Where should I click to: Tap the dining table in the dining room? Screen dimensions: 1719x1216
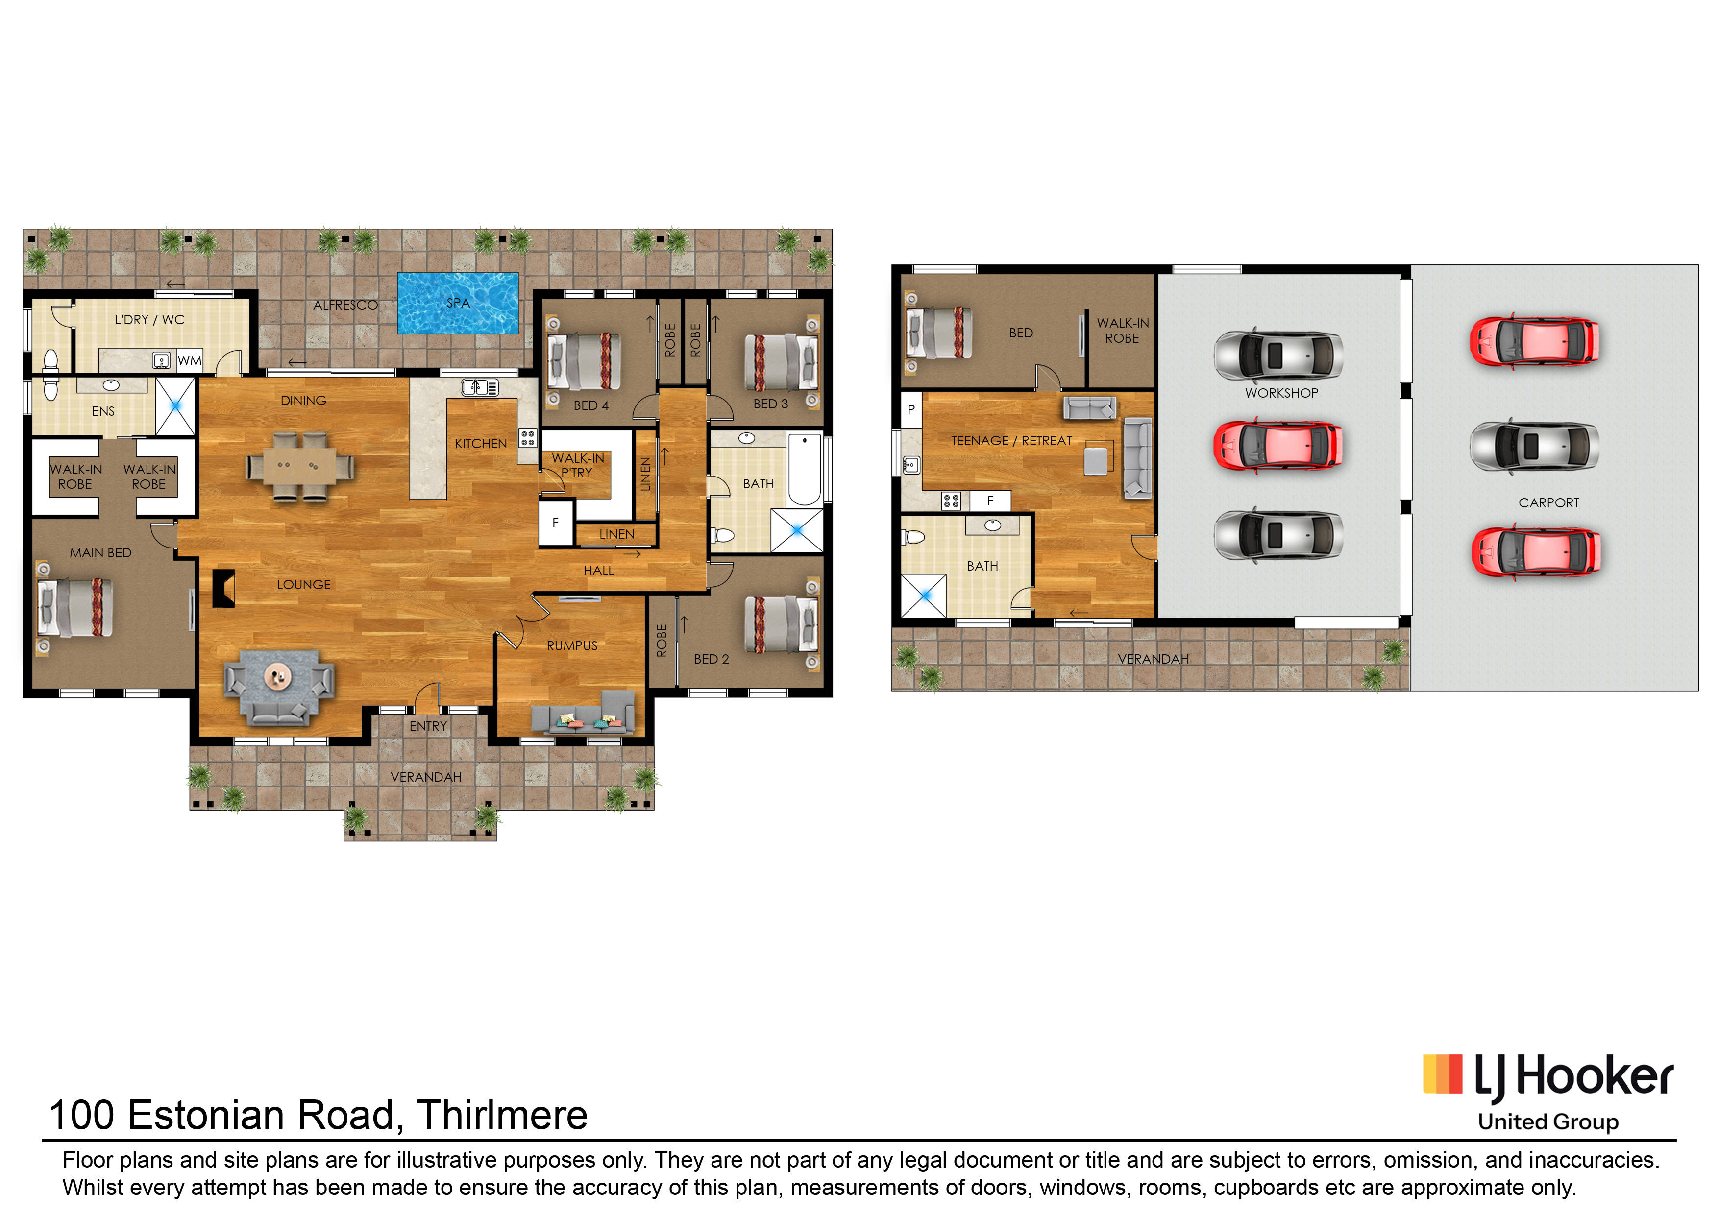click(299, 466)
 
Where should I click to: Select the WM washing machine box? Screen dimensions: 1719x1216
click(190, 361)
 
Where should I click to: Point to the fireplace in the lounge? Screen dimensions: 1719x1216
click(223, 588)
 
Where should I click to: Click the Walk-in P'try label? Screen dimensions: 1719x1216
click(578, 465)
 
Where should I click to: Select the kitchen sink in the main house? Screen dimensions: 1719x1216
click(480, 387)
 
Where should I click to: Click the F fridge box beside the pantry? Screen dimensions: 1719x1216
click(556, 523)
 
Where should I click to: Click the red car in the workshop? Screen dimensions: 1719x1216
click(1278, 446)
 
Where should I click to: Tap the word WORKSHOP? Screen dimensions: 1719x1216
click(1281, 393)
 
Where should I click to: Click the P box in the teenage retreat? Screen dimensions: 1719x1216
click(911, 409)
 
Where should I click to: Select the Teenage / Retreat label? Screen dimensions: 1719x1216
click(1011, 441)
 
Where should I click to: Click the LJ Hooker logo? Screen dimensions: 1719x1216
click(1548, 1091)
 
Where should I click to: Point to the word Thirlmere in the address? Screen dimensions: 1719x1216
click(502, 1115)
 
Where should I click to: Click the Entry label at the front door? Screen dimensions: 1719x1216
click(428, 726)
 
